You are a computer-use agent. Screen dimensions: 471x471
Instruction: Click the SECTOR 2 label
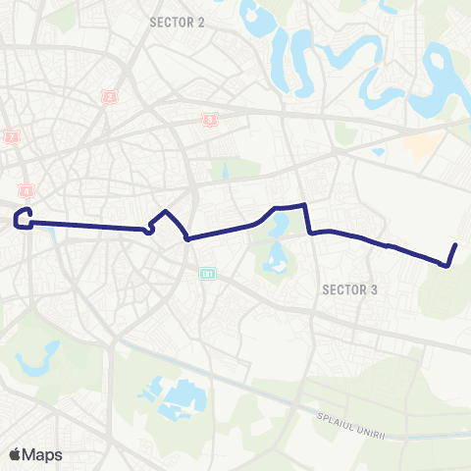pos(177,21)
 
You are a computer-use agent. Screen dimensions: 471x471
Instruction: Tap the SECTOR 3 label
pos(349,289)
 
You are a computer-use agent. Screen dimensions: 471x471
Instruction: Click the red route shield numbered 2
pos(109,96)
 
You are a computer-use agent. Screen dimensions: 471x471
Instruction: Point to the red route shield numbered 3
pos(209,120)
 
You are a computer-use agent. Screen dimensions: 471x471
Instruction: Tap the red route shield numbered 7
pos(12,137)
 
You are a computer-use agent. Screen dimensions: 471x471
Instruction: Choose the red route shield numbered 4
pos(26,190)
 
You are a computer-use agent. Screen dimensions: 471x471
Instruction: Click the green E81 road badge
pos(206,272)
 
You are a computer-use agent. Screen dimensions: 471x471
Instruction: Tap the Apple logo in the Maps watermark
pos(15,454)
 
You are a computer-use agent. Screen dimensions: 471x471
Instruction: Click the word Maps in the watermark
pos(42,454)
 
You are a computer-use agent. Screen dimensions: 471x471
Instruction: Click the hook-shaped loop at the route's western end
pos(25,217)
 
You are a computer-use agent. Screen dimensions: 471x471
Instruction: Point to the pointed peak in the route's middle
pos(166,212)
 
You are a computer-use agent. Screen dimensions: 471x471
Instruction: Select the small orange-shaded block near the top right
pos(420,147)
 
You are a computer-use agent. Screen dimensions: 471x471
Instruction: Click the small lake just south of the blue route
pos(278,228)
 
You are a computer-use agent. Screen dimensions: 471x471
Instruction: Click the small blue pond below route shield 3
pos(225,170)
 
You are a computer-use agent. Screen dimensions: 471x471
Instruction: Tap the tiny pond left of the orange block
pos(378,152)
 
